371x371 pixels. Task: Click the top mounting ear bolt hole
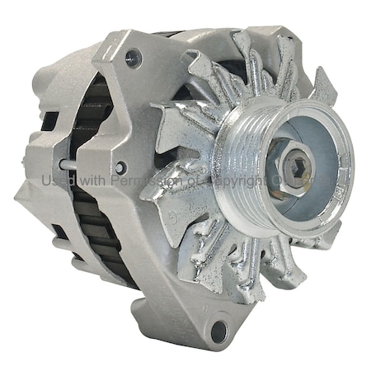(x=133, y=59)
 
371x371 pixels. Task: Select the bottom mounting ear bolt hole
(x=219, y=331)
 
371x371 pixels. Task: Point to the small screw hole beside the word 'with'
(x=121, y=167)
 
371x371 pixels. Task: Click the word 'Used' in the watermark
(x=55, y=180)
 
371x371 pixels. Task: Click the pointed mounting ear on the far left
(x=25, y=195)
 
